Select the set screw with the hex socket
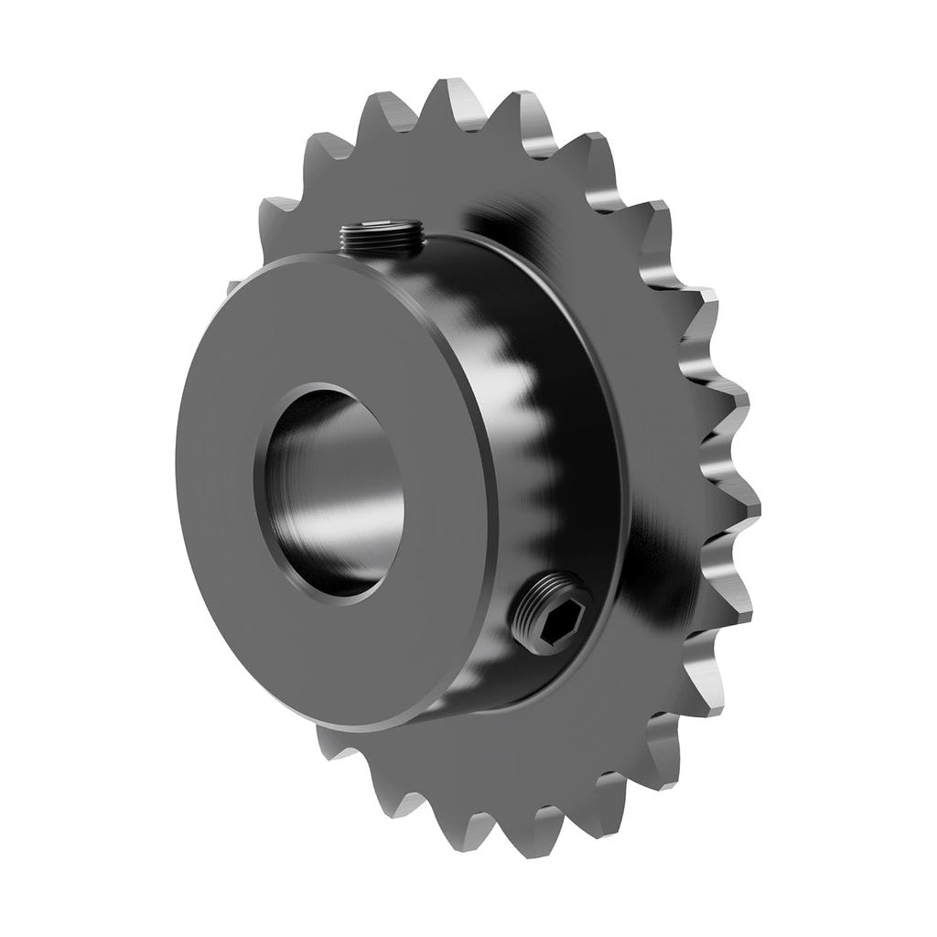549,613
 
